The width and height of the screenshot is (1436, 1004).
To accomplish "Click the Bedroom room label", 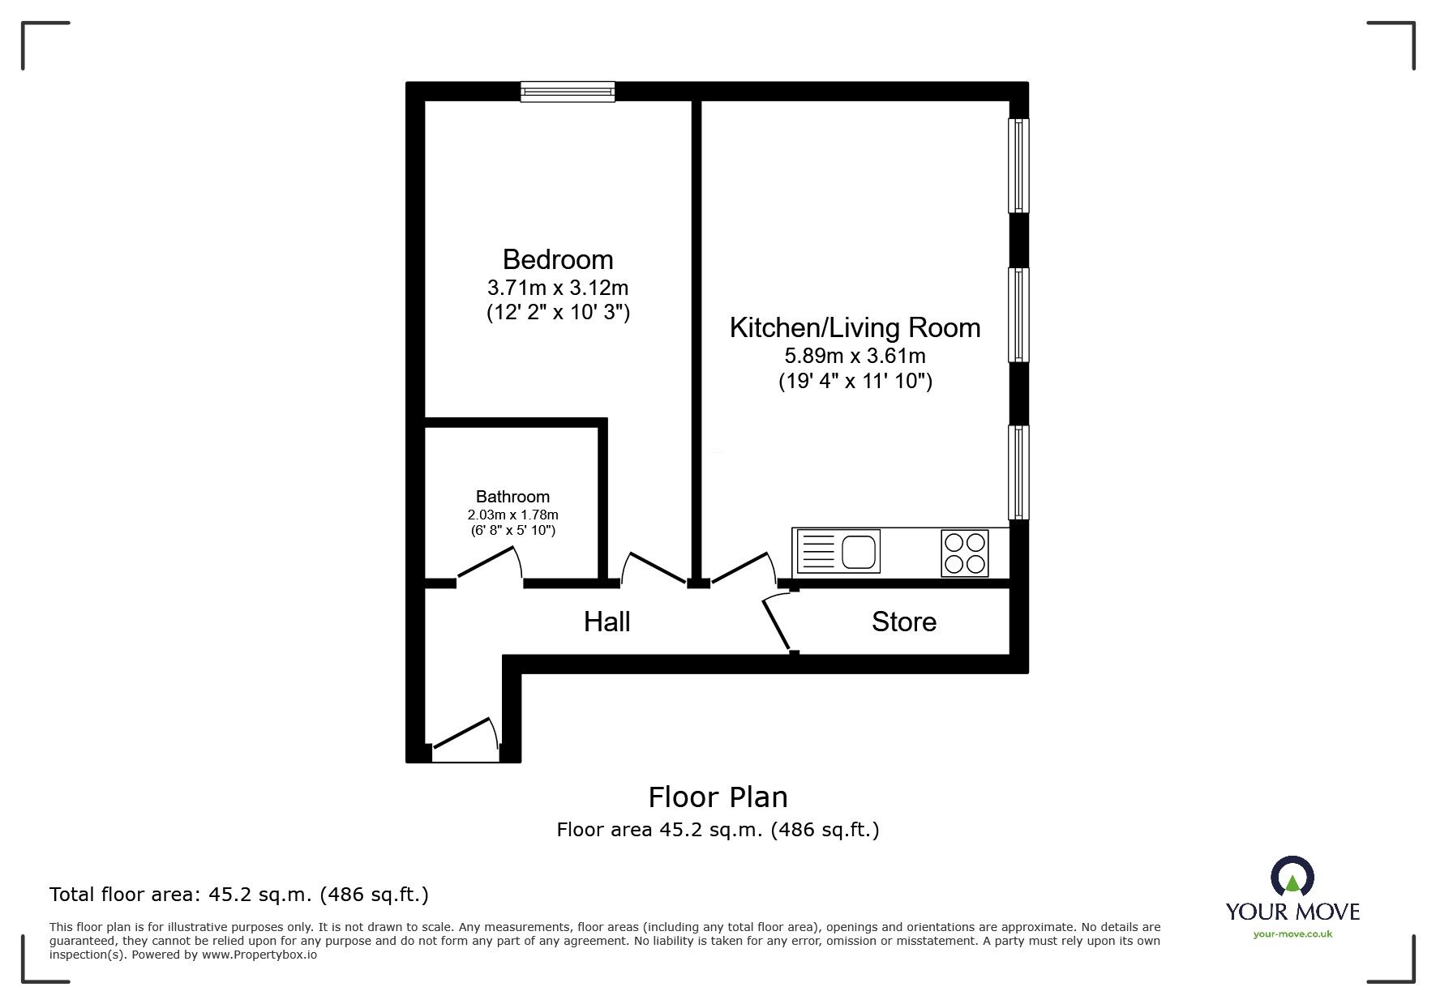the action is click(x=558, y=259).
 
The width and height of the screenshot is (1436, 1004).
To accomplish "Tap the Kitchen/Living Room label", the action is click(x=855, y=327).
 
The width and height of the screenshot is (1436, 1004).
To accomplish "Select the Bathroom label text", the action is click(x=512, y=497).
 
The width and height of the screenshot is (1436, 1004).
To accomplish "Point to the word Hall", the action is click(x=607, y=622).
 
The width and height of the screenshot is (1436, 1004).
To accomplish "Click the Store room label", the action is click(x=904, y=622).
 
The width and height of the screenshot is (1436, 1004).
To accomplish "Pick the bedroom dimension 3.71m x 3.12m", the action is click(x=558, y=288).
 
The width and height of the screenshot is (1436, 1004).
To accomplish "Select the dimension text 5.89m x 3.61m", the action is click(x=855, y=356).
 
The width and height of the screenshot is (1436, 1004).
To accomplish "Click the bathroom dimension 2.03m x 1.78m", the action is click(x=512, y=515).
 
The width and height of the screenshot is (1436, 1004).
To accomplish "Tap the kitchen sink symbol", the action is click(x=838, y=551).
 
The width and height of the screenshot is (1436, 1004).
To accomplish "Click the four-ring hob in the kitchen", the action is click(x=965, y=553).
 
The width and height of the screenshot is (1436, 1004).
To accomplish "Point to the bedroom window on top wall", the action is click(x=568, y=92).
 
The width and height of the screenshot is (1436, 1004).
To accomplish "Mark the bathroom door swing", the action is click(x=489, y=564).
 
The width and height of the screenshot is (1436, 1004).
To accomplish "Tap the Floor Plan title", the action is click(x=718, y=797).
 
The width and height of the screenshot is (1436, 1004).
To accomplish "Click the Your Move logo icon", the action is click(x=1292, y=878).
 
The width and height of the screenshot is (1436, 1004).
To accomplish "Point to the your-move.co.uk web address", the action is click(x=1292, y=934).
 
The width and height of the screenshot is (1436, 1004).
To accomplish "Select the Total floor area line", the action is click(x=239, y=895).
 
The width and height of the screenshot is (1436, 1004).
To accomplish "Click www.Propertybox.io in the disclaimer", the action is click(x=259, y=955).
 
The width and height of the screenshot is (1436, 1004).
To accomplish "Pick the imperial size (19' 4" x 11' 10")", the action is click(x=855, y=381).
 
